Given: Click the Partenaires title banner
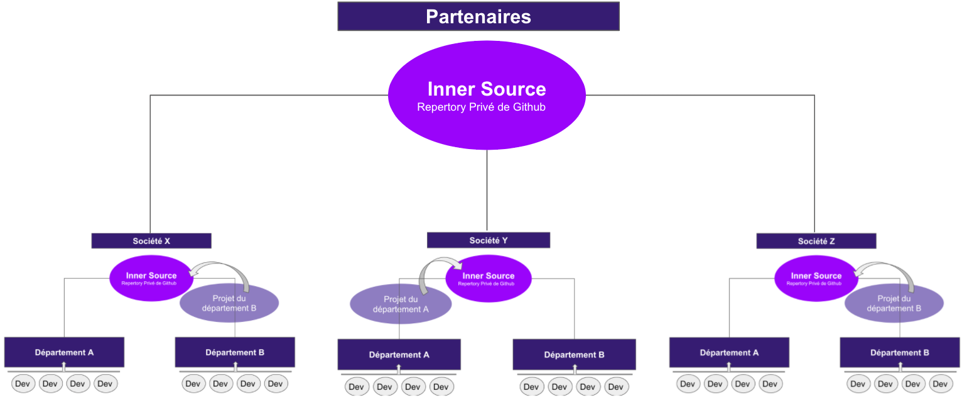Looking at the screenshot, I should (x=478, y=16).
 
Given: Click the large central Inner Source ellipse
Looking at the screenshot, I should (x=487, y=96).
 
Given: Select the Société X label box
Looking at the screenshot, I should (x=151, y=241).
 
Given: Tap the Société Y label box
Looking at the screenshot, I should (x=489, y=240).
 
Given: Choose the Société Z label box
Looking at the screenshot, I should (x=816, y=241).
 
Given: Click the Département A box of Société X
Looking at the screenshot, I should (x=64, y=352).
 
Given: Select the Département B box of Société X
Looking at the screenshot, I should (x=235, y=352).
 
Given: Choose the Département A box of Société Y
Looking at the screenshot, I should (x=399, y=355).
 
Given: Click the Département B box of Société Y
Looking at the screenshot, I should (x=574, y=355).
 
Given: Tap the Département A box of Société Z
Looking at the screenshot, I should (x=729, y=352).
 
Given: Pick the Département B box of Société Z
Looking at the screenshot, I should (x=899, y=352).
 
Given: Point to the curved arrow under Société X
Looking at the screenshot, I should (x=226, y=270).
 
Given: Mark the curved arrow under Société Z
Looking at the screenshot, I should (x=892, y=270).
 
